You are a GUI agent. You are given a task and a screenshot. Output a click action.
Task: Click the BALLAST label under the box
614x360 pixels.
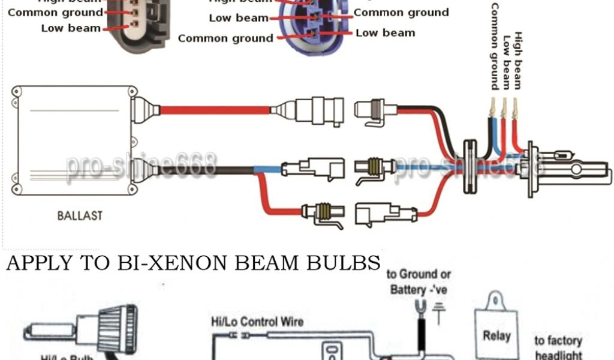pyautogui.click(x=80, y=215)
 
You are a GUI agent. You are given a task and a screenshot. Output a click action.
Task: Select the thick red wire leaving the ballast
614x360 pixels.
pyautogui.click(x=216, y=110)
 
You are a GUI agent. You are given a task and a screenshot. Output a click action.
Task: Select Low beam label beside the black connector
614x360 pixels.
pyautogui.click(x=71, y=28)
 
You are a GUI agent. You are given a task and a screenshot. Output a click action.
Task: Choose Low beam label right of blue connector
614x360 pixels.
pyautogui.click(x=385, y=32)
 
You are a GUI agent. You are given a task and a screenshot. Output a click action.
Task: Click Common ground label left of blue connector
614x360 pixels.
pyautogui.click(x=225, y=38)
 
